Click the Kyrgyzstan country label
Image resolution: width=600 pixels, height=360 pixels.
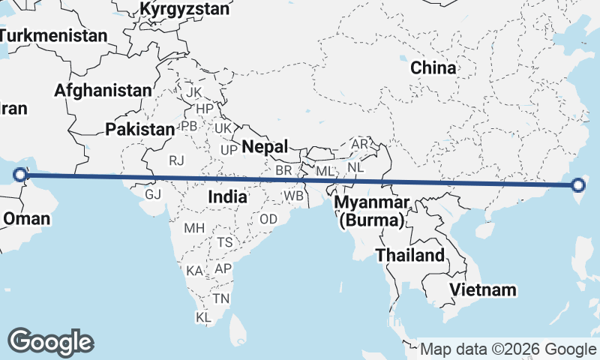(x=184, y=9)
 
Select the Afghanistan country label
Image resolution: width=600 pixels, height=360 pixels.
(x=103, y=91)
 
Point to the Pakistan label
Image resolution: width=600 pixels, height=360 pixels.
(x=139, y=129)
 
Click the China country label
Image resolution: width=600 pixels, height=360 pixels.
(x=433, y=67)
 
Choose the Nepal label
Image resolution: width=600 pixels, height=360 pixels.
(x=265, y=145)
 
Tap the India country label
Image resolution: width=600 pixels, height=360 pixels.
(x=227, y=196)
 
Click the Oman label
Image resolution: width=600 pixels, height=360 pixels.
(x=27, y=219)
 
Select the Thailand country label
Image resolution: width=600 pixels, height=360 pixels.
(x=410, y=255)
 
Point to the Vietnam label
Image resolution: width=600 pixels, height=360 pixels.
(x=484, y=289)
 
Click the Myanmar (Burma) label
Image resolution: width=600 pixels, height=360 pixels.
(x=372, y=211)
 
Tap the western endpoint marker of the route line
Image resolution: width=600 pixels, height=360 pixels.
(x=20, y=177)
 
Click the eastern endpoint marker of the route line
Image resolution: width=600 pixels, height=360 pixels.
(x=578, y=185)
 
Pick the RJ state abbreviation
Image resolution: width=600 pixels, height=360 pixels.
(x=176, y=160)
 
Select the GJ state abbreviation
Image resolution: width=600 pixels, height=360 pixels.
(x=153, y=194)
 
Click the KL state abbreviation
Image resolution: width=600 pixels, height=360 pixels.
(x=203, y=317)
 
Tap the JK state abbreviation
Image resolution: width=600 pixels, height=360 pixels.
(x=194, y=92)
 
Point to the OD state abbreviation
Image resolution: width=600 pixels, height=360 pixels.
(x=268, y=219)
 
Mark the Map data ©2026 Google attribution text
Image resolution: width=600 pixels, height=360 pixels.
(x=508, y=349)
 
